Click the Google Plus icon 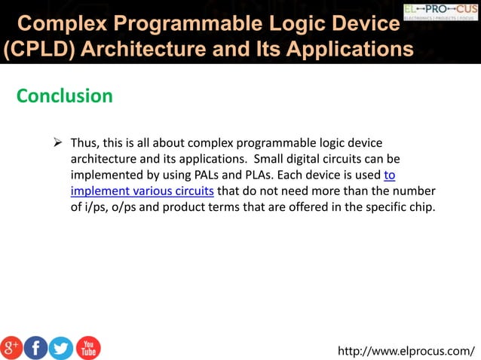click(x=11, y=347)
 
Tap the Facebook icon click(x=36, y=347)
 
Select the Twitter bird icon click(x=61, y=347)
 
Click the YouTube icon click(x=87, y=347)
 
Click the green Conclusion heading click(x=65, y=96)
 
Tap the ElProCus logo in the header click(x=440, y=11)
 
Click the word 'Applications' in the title click(x=342, y=50)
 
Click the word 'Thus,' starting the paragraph click(x=85, y=143)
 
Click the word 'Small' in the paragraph click(x=270, y=159)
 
